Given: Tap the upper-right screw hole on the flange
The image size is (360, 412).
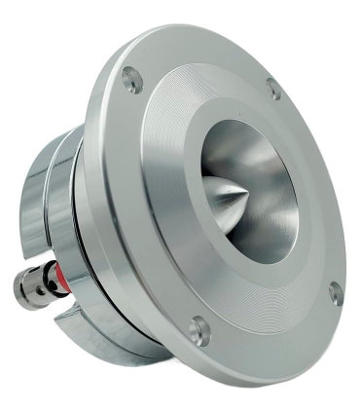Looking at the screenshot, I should [273, 89].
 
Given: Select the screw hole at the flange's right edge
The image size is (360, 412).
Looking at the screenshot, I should [335, 290].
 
